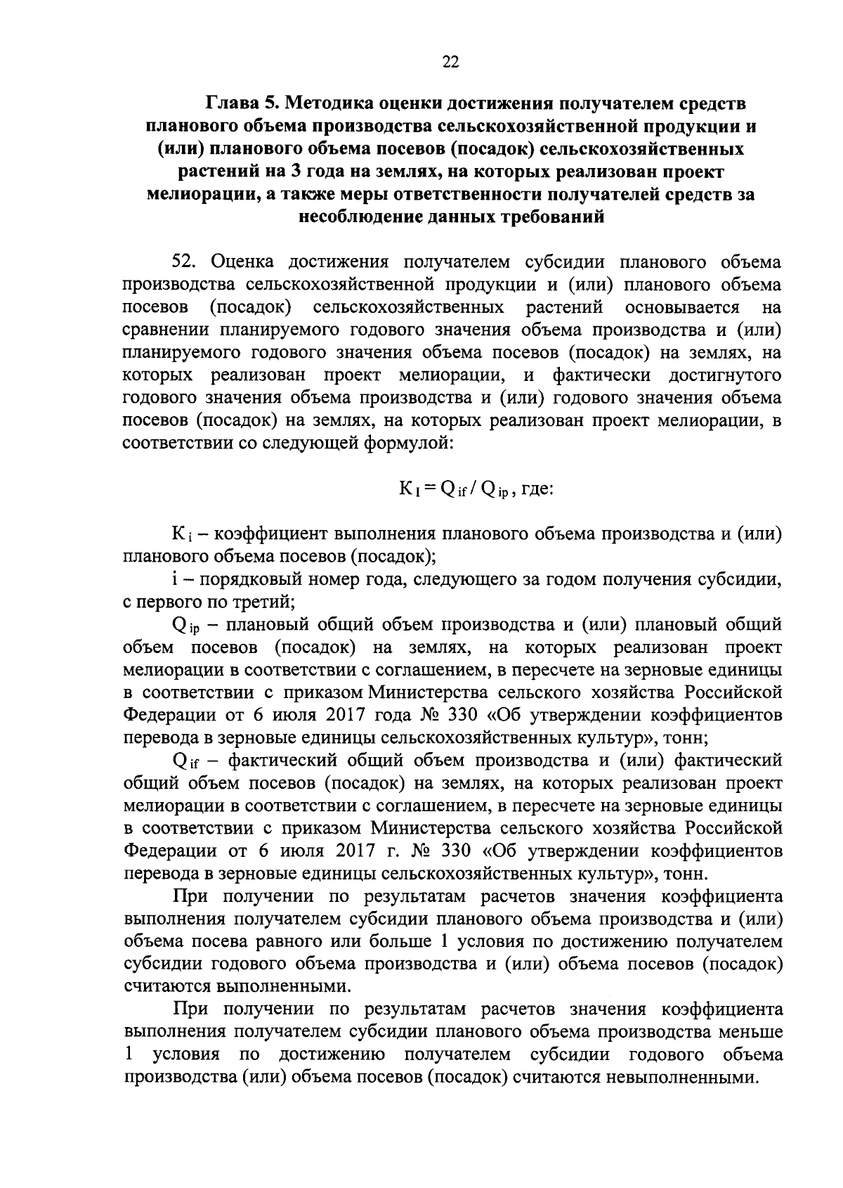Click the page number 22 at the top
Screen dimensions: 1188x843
(450, 63)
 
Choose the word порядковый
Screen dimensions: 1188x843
(244, 580)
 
